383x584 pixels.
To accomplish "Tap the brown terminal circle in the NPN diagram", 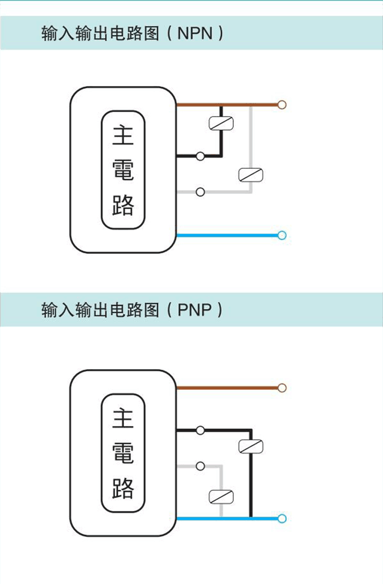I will [x=282, y=105].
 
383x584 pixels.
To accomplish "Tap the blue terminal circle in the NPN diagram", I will [x=282, y=235].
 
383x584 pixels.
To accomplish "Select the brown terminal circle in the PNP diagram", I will [x=282, y=388].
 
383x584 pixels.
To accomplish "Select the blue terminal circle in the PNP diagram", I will [x=282, y=519].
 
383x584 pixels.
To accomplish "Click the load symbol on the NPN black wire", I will [x=221, y=123].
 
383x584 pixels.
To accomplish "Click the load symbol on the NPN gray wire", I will [x=251, y=175].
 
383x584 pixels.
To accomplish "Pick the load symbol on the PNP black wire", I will [x=251, y=447].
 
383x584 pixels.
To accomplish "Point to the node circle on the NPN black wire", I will [x=200, y=156].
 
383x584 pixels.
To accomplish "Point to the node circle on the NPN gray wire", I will [x=200, y=192].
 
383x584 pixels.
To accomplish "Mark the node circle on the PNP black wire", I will [x=200, y=430].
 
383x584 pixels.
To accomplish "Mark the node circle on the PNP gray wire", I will [x=200, y=466].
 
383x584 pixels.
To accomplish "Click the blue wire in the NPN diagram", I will [x=226, y=235].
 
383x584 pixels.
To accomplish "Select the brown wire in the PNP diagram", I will [x=226, y=388].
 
